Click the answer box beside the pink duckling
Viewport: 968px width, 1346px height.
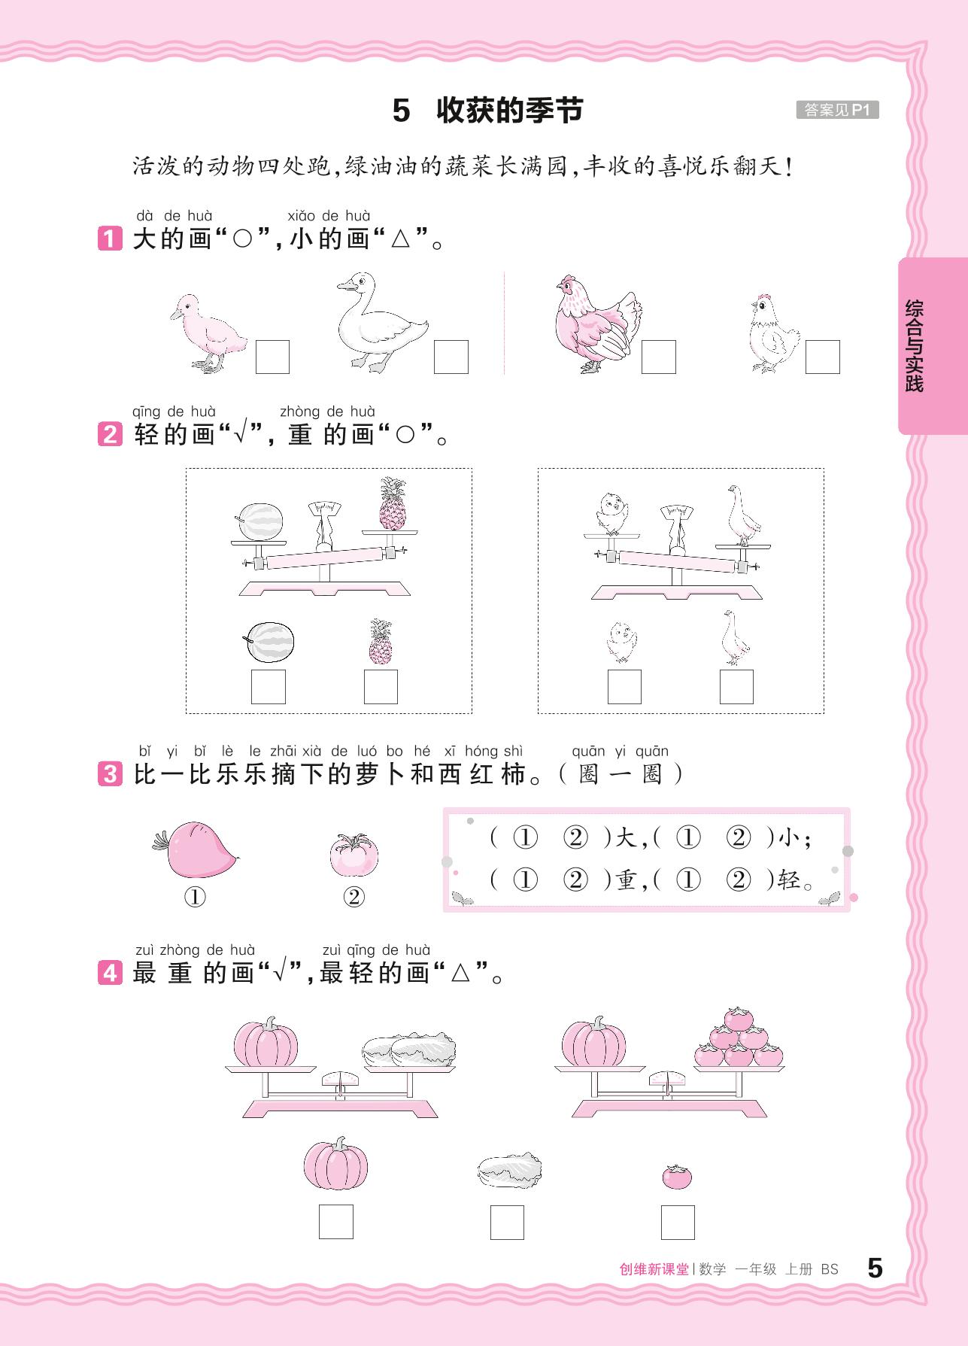point(272,357)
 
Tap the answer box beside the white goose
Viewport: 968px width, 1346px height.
point(451,357)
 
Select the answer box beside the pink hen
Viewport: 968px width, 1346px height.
point(659,357)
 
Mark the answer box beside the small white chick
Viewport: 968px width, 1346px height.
point(823,357)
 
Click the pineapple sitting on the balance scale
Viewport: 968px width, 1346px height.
point(392,503)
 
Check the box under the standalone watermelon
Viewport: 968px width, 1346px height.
point(269,687)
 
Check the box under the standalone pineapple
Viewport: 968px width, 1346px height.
point(381,687)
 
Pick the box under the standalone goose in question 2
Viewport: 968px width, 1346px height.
point(736,687)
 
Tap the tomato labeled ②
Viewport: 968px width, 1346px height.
point(354,855)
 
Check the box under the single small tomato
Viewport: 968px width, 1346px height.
point(678,1223)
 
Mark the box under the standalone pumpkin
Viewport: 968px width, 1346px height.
point(335,1223)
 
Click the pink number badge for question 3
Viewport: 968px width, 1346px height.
point(109,774)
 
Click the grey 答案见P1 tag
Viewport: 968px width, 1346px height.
point(837,110)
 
